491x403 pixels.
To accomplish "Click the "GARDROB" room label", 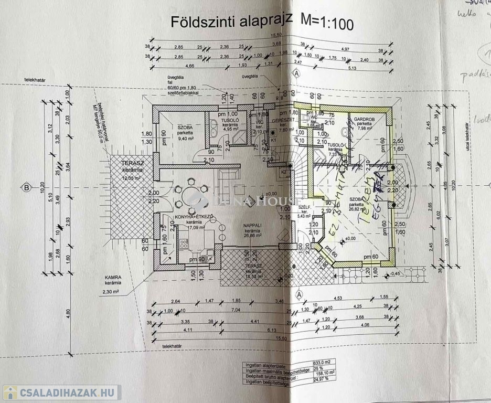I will tap(363, 119).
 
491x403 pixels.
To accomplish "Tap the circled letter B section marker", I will tap(25, 187).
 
